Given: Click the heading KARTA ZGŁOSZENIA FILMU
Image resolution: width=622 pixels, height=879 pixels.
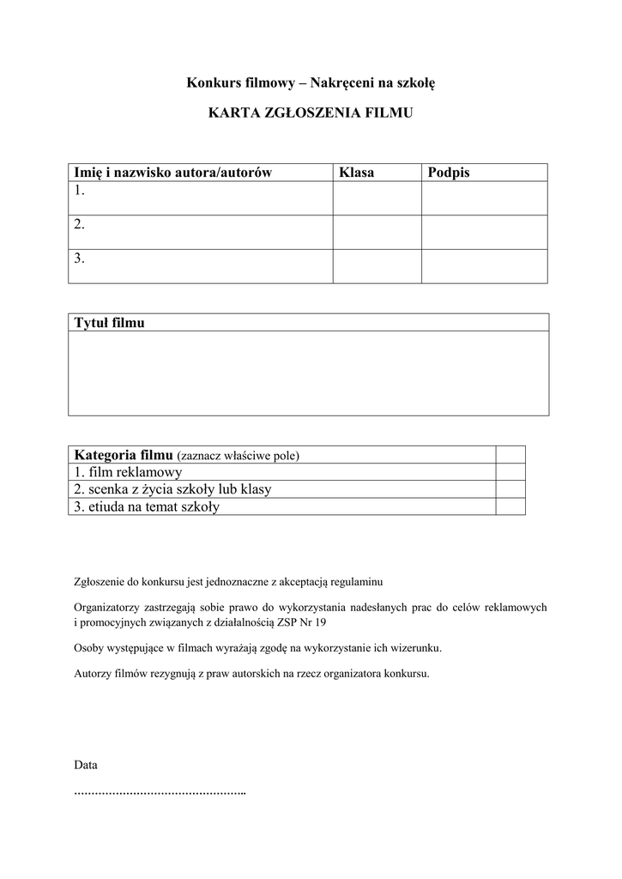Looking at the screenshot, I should coord(311,112).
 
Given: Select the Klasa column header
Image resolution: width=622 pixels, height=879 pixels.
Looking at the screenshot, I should coord(356,173).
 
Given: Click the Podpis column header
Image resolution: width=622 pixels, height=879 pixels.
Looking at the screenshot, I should coord(449,173).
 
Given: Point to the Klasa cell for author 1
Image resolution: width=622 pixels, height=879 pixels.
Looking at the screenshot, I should coord(377,197).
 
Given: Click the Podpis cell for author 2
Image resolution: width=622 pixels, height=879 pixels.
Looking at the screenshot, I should coord(484,232).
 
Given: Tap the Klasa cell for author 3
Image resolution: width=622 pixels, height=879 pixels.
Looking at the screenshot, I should coord(377,265).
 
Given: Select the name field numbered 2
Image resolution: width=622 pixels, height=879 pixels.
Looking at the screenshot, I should coord(201,232).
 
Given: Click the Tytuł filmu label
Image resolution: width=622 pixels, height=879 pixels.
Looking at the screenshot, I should coord(110,323).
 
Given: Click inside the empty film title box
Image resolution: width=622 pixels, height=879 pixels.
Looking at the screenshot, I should coord(308,373).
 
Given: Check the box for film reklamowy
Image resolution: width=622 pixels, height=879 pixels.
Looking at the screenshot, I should coord(510,472).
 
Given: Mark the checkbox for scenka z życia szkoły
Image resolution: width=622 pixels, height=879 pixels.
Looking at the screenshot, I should coord(510,489).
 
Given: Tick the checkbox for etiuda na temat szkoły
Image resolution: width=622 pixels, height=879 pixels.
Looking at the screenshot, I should coord(510,506).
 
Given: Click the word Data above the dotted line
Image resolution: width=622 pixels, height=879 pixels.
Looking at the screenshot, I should coord(86,764).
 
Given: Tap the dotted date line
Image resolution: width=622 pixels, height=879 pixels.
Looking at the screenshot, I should coord(160,791).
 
